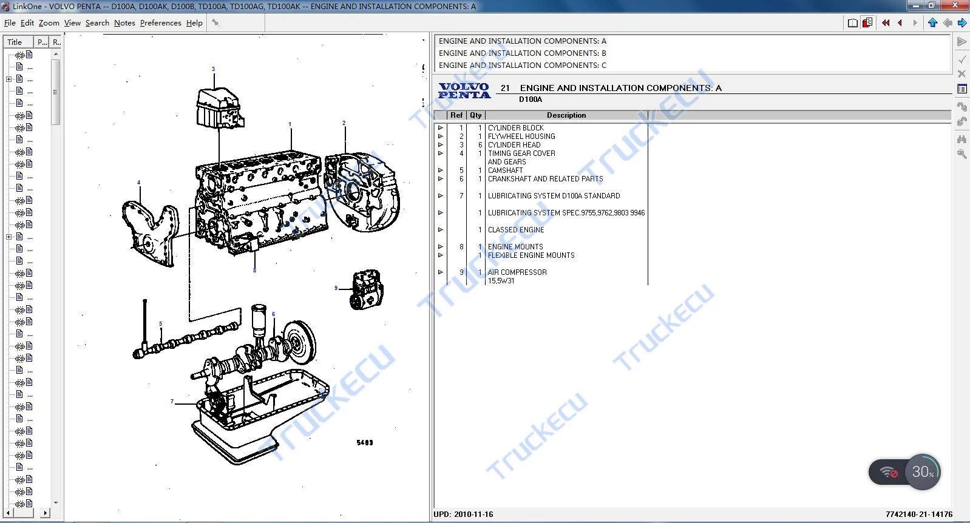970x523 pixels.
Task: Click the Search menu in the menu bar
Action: click(97, 23)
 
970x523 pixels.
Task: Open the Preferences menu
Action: click(160, 23)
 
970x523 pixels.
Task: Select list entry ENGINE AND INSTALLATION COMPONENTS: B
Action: click(522, 53)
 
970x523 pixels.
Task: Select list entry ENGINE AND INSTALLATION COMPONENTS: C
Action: click(522, 66)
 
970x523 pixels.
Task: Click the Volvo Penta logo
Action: click(464, 91)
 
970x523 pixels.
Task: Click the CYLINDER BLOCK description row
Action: click(515, 128)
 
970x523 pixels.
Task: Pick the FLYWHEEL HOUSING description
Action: click(521, 137)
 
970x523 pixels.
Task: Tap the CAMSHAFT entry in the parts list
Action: click(505, 170)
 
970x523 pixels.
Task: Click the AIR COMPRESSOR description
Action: click(517, 272)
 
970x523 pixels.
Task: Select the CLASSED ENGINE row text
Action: click(515, 230)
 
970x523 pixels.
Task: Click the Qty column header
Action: click(475, 115)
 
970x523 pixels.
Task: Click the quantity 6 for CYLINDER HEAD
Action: click(480, 145)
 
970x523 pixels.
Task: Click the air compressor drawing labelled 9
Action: click(367, 290)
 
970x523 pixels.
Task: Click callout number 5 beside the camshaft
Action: click(160, 324)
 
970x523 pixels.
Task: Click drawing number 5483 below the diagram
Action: click(364, 443)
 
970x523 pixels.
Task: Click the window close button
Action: click(955, 5)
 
